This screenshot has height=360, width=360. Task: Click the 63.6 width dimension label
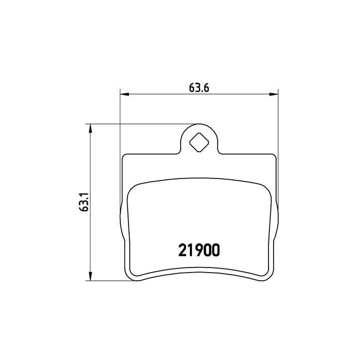pos(199,88)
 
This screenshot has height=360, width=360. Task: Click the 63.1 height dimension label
pos(83,202)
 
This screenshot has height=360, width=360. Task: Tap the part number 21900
pos(199,250)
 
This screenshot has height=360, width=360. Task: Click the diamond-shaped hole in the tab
pos(199,142)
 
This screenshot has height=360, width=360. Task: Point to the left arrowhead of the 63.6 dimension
pos(124,94)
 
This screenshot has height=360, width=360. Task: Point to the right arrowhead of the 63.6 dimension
pos(274,94)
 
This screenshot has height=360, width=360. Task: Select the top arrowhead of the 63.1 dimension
pos(90,129)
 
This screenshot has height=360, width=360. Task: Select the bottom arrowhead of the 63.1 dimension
pos(90,276)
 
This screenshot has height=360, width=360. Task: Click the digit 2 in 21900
pos(182,250)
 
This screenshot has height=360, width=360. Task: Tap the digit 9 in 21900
pos(199,250)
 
